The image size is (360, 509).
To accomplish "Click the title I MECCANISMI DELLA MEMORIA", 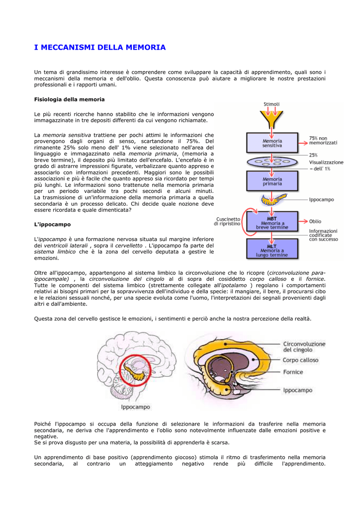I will coord(100,48).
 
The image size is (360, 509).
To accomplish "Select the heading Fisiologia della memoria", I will coord(69,99).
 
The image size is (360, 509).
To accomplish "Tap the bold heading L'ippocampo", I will coord(52,225).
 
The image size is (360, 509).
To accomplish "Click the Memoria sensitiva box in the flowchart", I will coord(272,143).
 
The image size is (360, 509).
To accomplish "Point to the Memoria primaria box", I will coord(272,181).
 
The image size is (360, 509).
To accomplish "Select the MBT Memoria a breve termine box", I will coord(272,222).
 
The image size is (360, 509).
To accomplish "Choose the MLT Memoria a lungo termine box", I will coord(272,249).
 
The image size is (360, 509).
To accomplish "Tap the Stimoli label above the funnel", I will coord(271,104).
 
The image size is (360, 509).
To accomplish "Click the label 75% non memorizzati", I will coord(323,141).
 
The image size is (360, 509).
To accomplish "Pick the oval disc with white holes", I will coord(271,162).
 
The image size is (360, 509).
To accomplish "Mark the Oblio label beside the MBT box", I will coord(315,221).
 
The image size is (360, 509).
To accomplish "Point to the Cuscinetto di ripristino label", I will coord(228,221).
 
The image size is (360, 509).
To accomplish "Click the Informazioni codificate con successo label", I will coord(323,235).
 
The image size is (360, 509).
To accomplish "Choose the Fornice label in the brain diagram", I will coord(293,372).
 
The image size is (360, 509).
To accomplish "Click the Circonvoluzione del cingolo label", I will coord(304,346).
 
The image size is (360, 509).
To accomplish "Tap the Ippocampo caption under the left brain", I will coord(135,408).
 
